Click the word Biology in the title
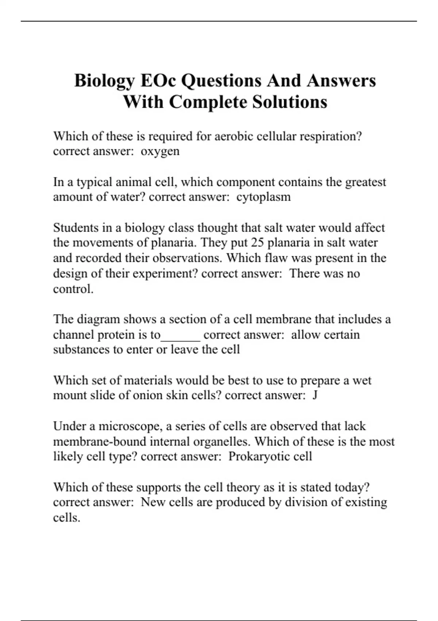[x=104, y=81]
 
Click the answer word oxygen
[x=160, y=152]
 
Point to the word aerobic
[x=234, y=136]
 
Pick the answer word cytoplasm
[x=264, y=197]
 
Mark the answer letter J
[x=315, y=396]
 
